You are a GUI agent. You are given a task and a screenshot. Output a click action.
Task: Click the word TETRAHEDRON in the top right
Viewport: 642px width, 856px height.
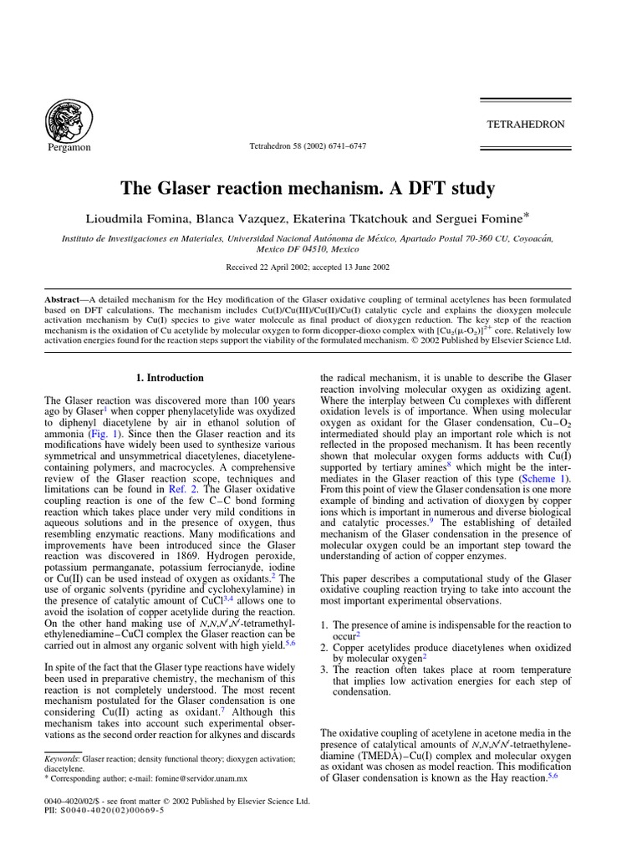[x=526, y=125]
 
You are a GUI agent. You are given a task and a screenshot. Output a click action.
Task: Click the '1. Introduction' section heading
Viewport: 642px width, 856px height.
[x=170, y=378]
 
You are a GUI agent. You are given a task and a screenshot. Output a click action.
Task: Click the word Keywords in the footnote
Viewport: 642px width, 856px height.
[x=62, y=758]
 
